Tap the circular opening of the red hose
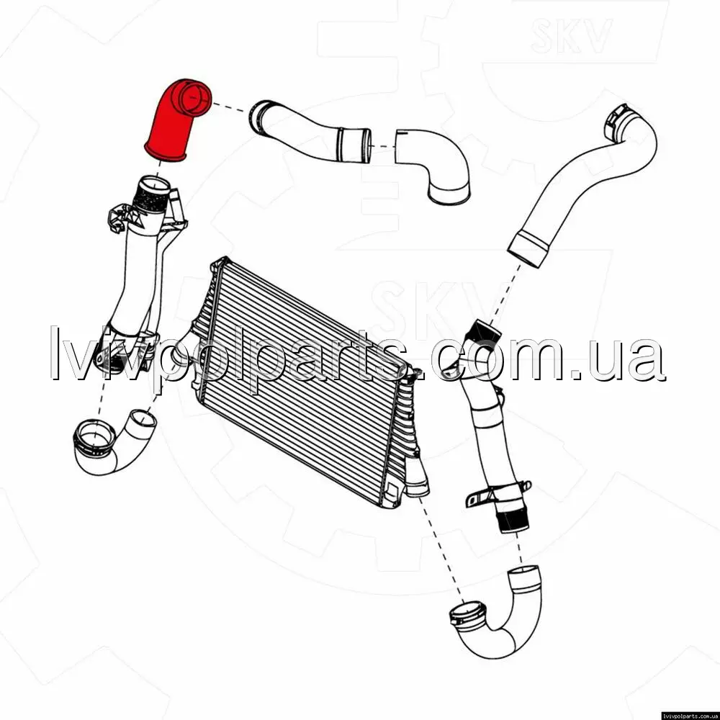click(194, 98)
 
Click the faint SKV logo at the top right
click(571, 35)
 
